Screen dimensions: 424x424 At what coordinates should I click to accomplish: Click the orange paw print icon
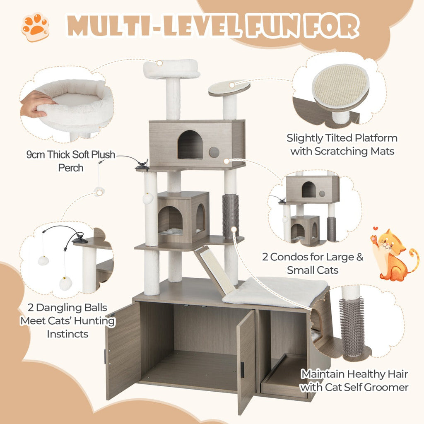pos(35,27)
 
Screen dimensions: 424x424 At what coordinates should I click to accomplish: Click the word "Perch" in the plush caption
pos(70,168)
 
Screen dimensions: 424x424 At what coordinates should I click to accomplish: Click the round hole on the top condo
pos(214,152)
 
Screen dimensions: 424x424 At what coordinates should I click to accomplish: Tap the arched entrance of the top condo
pos(190,145)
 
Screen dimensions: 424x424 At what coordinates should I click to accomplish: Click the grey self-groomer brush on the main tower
pos(231,215)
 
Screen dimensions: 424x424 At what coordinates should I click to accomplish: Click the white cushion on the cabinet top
pos(275,292)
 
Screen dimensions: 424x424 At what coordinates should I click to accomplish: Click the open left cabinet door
pos(123,350)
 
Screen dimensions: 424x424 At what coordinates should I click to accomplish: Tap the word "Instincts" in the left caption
pos(67,334)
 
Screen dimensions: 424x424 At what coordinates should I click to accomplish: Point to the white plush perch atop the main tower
pos(171,68)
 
